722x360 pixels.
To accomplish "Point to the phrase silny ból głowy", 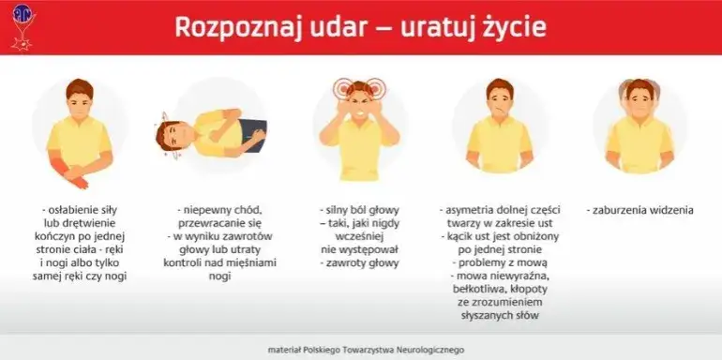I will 360,211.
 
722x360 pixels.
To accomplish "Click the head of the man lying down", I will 174,135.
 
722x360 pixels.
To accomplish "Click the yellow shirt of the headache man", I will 360,155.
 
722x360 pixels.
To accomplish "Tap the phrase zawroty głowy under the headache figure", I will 360,263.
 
